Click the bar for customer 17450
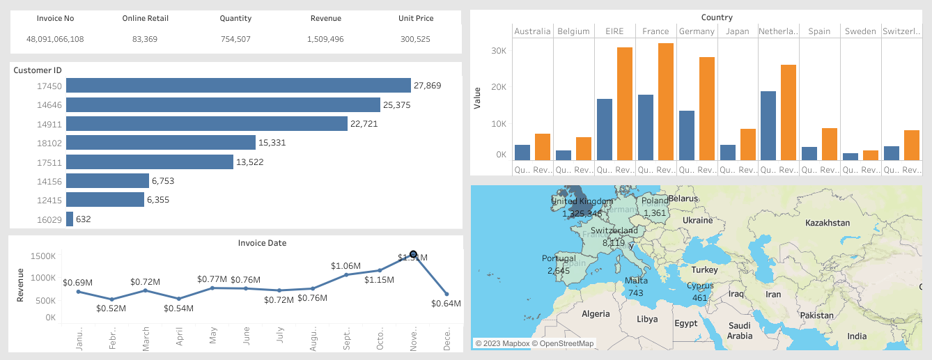(x=238, y=86)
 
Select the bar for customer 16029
(x=70, y=219)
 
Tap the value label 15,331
(x=272, y=143)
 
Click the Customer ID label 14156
(x=49, y=181)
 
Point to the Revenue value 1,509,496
(x=325, y=39)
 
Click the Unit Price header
(x=415, y=18)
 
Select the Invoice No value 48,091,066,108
(x=55, y=39)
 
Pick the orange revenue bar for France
(x=665, y=102)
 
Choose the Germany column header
(x=697, y=31)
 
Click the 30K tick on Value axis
(x=497, y=51)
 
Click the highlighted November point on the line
(x=413, y=255)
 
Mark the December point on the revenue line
(x=446, y=294)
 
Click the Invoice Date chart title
(x=262, y=243)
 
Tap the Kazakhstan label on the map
(x=828, y=223)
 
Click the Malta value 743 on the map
(x=635, y=293)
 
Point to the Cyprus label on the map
(x=700, y=285)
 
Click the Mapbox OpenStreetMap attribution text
(x=534, y=343)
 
